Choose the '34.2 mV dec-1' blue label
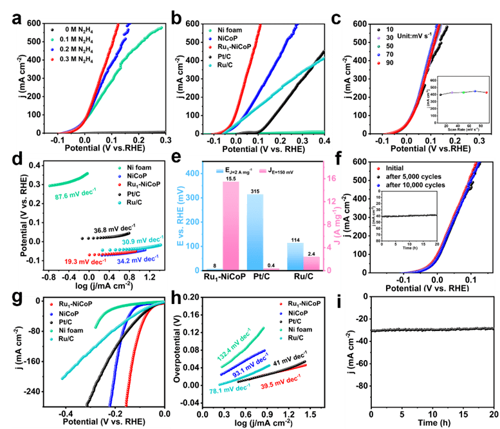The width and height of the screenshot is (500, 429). [x=136, y=262]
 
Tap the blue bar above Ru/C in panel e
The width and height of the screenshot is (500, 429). [x=295, y=256]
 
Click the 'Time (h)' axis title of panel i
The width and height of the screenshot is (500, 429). [x=432, y=424]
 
